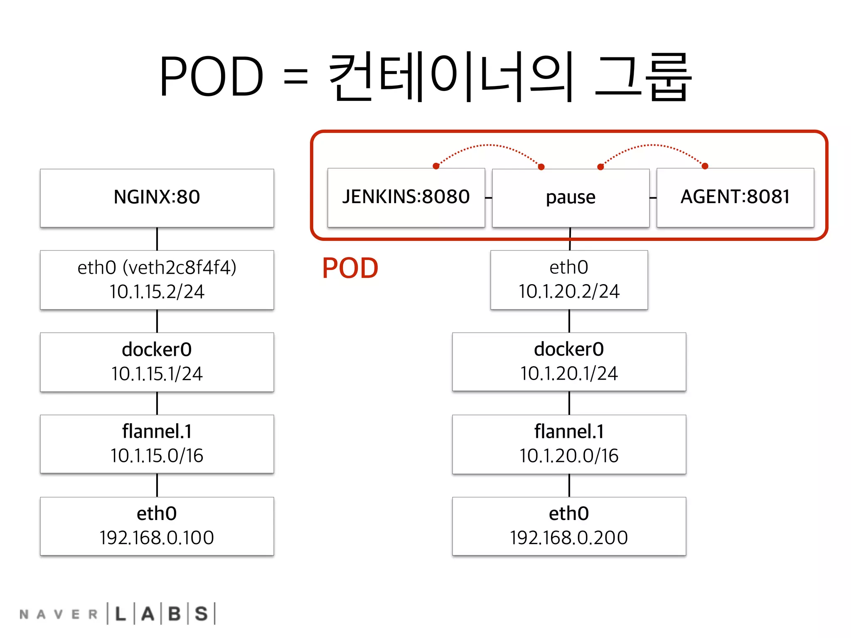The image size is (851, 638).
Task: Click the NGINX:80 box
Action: [x=157, y=198]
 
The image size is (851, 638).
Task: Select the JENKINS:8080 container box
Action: [x=406, y=197]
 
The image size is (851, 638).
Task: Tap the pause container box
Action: [x=570, y=198]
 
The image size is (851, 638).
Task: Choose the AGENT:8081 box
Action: [x=735, y=197]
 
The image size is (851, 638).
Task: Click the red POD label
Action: [x=350, y=268]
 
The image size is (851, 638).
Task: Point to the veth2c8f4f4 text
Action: [x=180, y=267]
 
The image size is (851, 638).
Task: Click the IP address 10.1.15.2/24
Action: [x=157, y=292]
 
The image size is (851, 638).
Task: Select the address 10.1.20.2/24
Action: [x=569, y=291]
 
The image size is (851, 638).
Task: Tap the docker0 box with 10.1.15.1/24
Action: [x=157, y=362]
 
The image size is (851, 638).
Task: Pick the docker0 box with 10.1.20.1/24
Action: [x=569, y=361]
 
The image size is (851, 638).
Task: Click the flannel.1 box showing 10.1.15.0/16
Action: [x=157, y=444]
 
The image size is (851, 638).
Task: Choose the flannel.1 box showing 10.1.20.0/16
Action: [x=569, y=444]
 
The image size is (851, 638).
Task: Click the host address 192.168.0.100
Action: [x=157, y=538]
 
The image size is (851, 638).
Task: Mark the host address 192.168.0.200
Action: [x=569, y=538]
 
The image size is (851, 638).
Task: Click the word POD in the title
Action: [x=211, y=77]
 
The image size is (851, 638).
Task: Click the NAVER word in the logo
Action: [x=58, y=614]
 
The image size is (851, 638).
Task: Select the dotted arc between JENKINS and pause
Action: [x=489, y=146]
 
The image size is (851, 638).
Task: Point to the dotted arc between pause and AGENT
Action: [x=653, y=146]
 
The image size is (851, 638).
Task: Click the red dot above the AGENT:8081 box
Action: [x=705, y=166]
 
